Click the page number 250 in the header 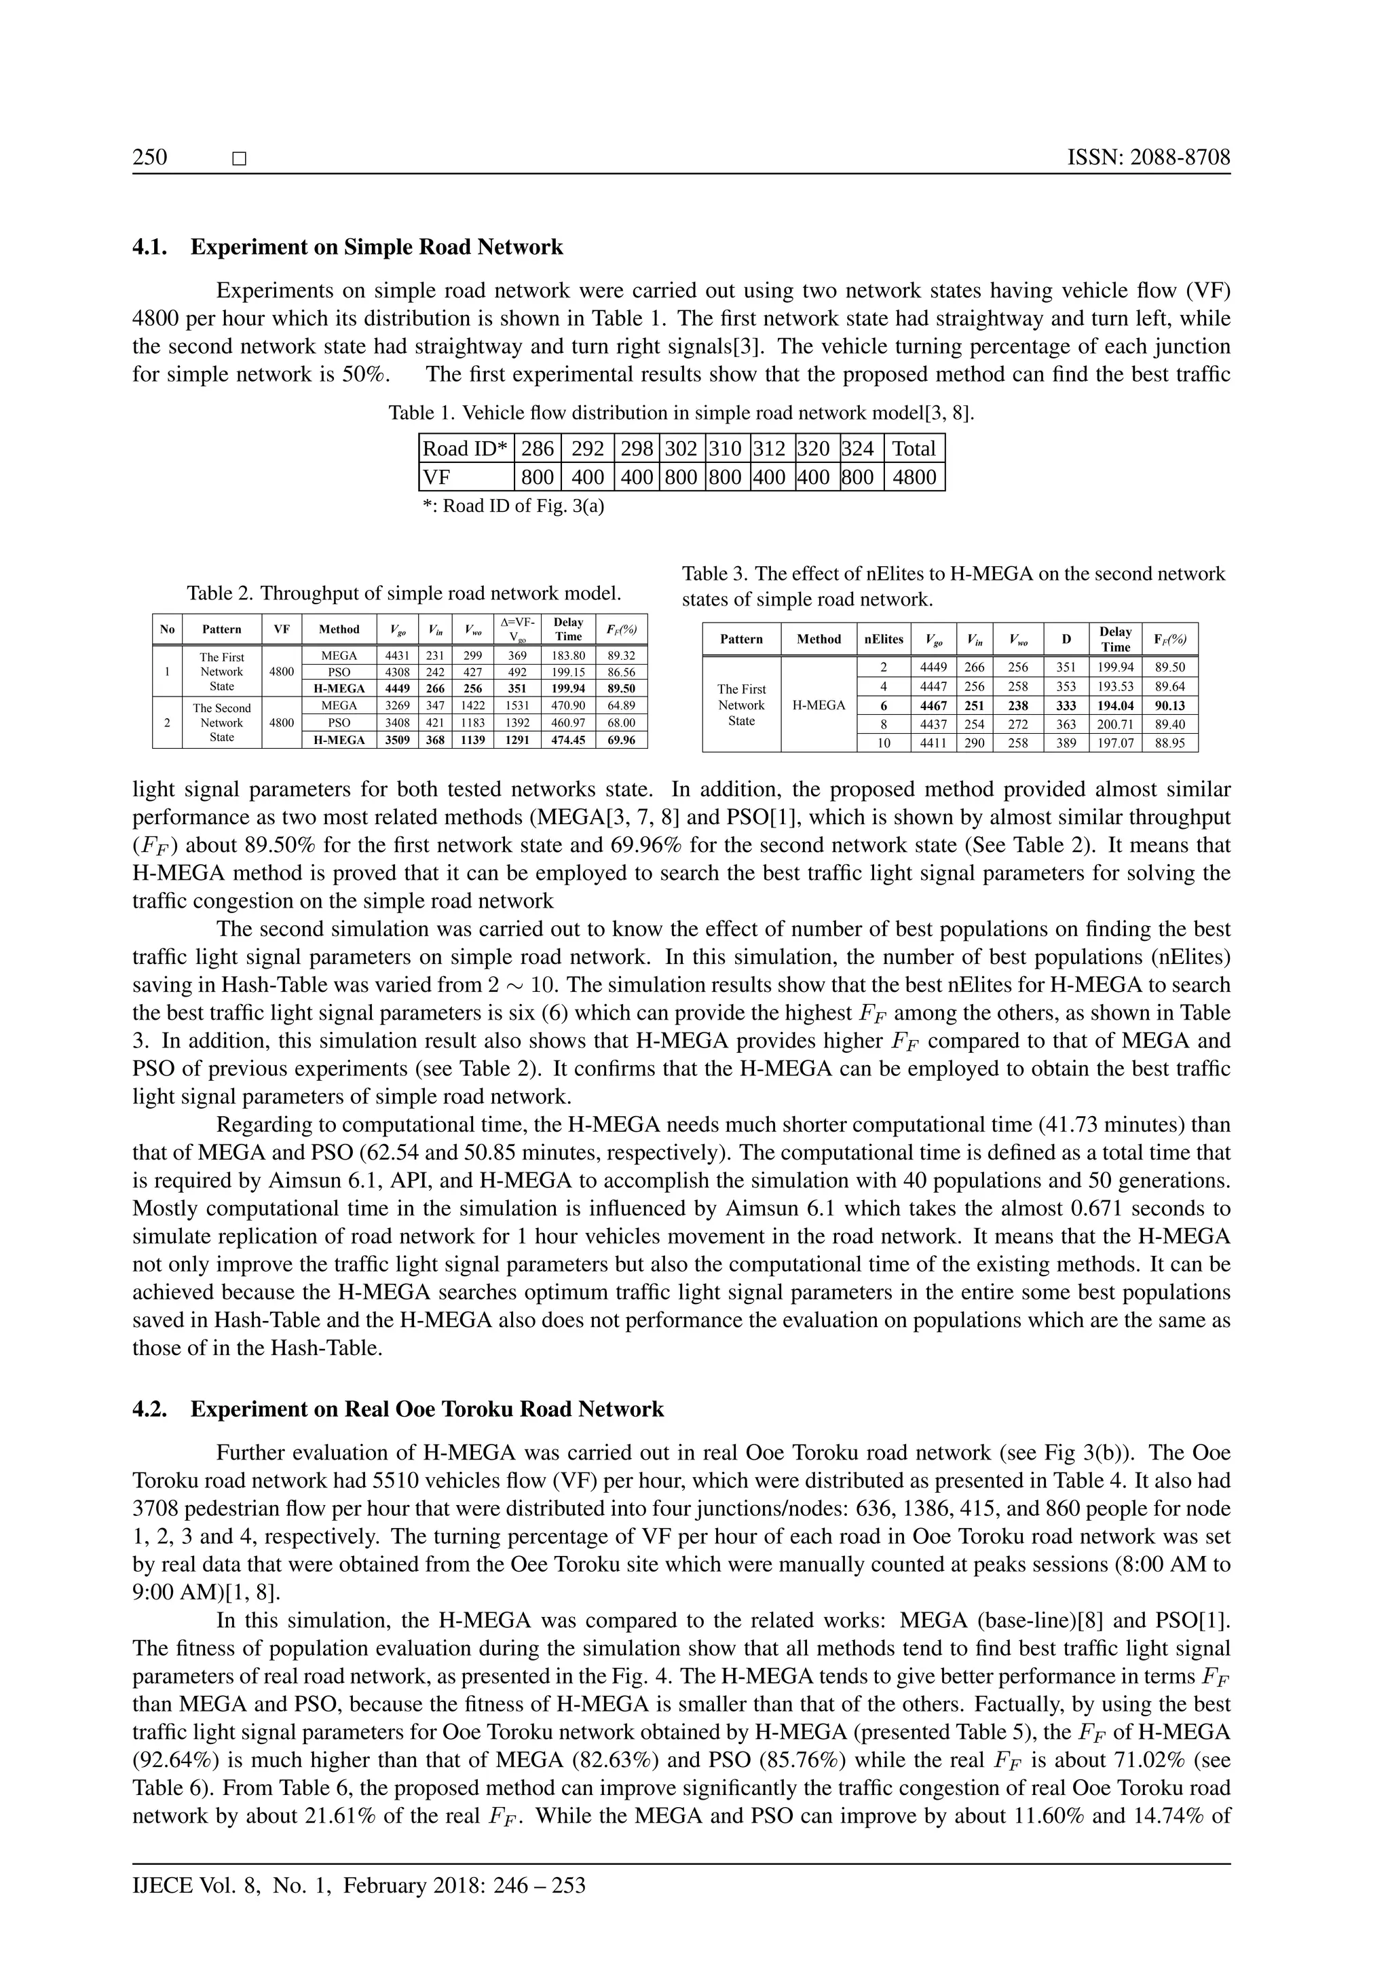150,157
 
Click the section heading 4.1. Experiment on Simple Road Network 347,248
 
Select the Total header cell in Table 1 914,449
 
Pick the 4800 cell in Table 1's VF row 914,477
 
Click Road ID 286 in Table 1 537,449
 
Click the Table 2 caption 404,593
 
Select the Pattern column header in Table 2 222,629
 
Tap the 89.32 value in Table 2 622,656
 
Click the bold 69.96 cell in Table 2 622,740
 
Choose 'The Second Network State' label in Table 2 222,723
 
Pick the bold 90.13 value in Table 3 1170,705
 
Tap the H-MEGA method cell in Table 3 819,705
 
